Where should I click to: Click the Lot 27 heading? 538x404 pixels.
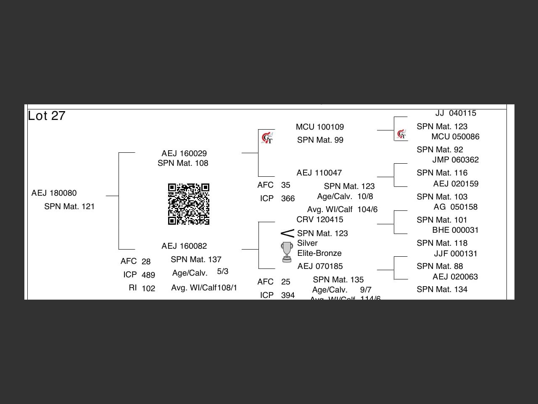click(47, 116)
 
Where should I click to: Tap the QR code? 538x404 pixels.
click(189, 204)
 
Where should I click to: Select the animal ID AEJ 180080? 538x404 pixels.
click(54, 193)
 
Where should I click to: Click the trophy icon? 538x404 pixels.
click(287, 252)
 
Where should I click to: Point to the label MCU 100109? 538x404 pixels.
click(320, 127)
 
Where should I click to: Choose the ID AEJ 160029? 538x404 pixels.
click(184, 154)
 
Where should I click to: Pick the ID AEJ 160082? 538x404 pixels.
click(184, 246)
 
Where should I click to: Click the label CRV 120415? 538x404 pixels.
click(320, 220)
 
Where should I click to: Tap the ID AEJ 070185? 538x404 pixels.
click(320, 266)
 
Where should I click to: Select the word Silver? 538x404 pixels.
click(307, 243)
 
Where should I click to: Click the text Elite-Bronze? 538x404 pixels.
click(319, 253)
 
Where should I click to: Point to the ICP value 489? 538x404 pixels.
click(148, 275)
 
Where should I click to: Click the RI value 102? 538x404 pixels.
click(148, 289)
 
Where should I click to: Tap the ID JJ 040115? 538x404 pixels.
click(456, 113)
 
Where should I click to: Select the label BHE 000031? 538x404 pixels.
click(455, 230)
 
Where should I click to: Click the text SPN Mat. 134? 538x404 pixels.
click(442, 290)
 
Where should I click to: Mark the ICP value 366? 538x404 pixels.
click(288, 199)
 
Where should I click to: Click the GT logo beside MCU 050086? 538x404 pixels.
click(401, 134)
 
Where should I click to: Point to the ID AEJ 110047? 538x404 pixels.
click(319, 173)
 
